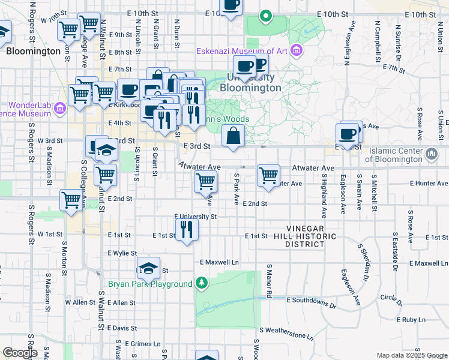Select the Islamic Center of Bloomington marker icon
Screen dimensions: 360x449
tap(432, 155)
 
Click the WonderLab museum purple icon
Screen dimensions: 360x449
tap(59, 109)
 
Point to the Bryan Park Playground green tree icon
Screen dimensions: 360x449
tap(203, 283)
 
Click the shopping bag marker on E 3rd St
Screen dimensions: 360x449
tap(234, 137)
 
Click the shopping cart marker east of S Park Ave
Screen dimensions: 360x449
tap(268, 176)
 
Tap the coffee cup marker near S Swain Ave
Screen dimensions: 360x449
tap(348, 134)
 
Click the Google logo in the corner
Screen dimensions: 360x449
tap(19, 353)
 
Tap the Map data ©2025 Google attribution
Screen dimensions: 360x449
tap(411, 355)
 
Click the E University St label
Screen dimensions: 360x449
tap(195, 216)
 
